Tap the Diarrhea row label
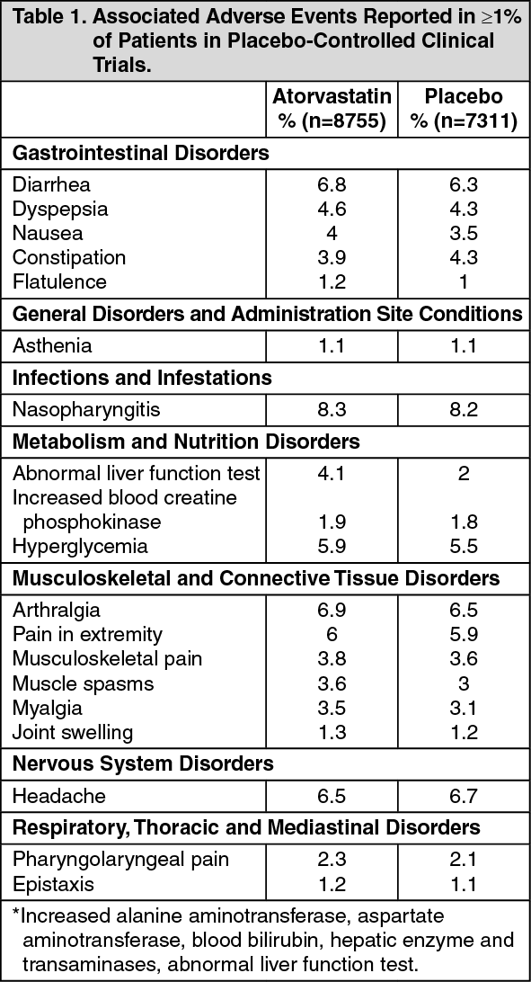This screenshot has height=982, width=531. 51,184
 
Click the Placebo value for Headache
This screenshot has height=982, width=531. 464,795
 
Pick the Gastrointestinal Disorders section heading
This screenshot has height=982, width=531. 140,153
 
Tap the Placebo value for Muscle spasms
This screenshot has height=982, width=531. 464,683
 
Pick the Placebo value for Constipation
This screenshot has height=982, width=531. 464,257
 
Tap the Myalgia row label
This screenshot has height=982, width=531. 47,707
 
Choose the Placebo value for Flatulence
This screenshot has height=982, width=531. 464,281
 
